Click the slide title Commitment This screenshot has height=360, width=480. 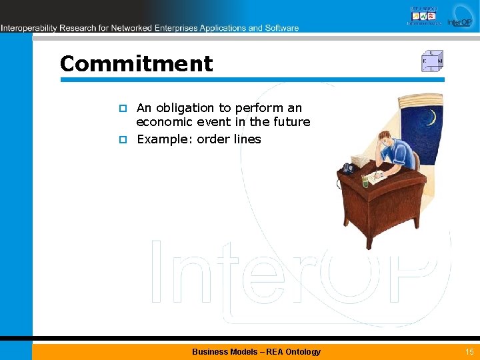tap(136, 64)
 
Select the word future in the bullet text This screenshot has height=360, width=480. tap(290, 122)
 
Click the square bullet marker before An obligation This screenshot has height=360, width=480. tap(123, 109)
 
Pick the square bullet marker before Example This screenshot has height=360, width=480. tap(123, 140)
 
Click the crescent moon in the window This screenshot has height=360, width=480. tap(431, 119)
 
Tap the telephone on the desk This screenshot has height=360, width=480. tap(348, 168)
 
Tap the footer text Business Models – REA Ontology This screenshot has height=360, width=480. tap(256, 351)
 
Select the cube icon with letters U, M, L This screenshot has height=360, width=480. tap(431, 61)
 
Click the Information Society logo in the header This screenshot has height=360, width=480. tap(423, 15)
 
